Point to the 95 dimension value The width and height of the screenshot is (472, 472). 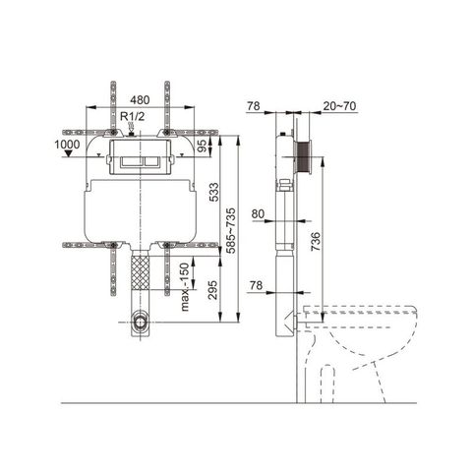pos(201,147)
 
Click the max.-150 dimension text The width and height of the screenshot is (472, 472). pos(184,284)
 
